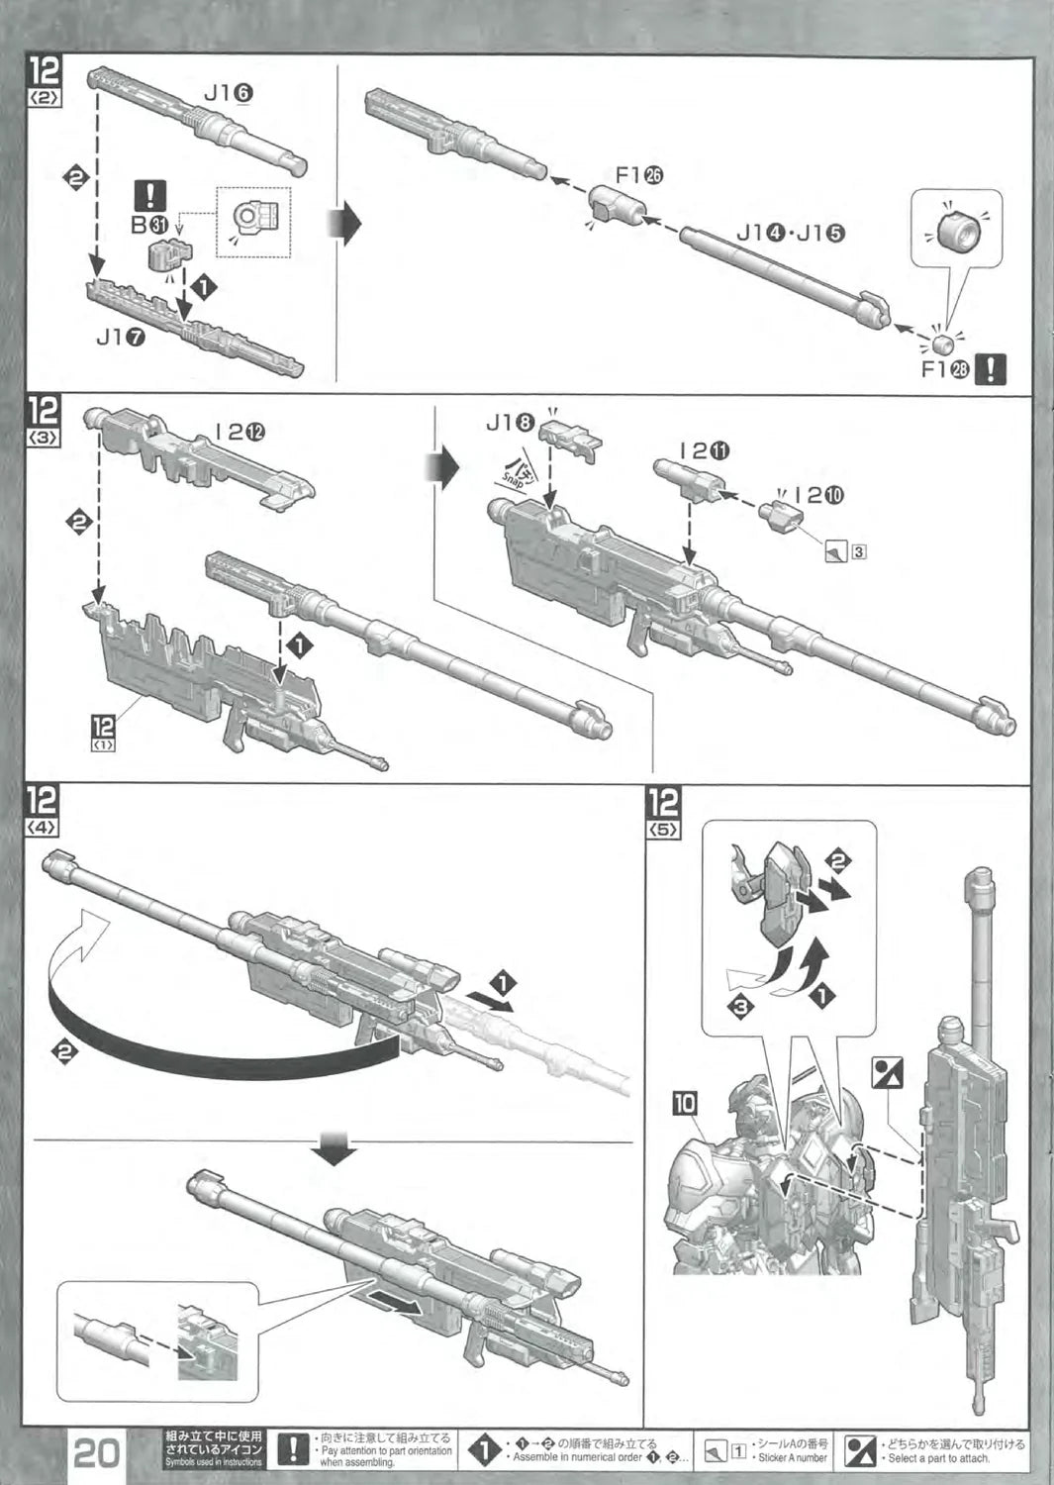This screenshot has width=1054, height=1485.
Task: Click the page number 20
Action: click(97, 1452)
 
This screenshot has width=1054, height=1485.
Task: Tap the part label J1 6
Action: click(229, 92)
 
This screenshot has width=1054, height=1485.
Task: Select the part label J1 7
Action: click(122, 337)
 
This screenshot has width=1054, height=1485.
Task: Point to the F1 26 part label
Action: click(638, 175)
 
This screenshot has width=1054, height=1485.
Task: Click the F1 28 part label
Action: click(944, 370)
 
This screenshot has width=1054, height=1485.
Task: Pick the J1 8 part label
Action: click(511, 424)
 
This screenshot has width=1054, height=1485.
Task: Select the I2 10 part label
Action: click(818, 495)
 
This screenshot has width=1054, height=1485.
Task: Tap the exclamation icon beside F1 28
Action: click(991, 370)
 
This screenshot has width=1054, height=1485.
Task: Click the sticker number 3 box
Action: click(858, 550)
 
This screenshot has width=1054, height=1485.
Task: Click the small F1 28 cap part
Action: click(944, 343)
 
